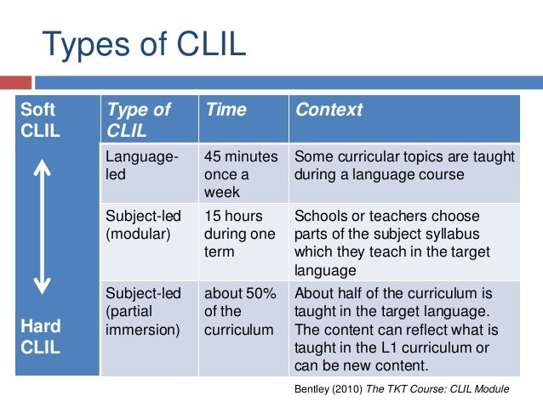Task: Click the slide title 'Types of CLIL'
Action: (144, 45)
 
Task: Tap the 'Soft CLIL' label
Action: (41, 120)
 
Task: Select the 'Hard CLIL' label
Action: (41, 337)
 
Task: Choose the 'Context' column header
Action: (328, 110)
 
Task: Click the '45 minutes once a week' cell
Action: (241, 174)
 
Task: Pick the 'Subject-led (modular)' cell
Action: (143, 224)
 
